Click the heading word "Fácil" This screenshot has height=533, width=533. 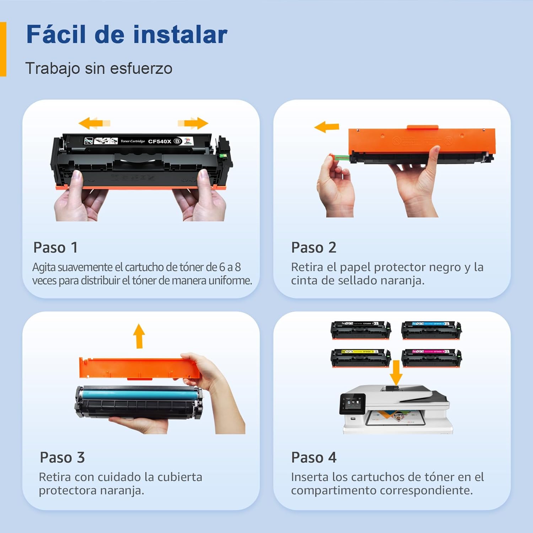coord(56,34)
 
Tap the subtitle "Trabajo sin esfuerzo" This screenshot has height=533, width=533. coord(99,68)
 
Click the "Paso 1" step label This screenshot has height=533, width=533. coord(55,248)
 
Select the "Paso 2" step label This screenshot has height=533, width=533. coord(313,248)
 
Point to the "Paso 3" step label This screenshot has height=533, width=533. coord(62,457)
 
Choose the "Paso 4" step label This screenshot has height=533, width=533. coord(313,457)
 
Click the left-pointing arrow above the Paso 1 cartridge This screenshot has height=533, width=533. coord(94,123)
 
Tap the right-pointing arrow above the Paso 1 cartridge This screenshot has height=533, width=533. coord(193,123)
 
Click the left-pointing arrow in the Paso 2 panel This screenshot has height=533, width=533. coord(327,127)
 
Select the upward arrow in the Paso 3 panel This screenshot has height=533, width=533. coord(139,335)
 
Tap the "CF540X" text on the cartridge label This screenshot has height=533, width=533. coord(160,141)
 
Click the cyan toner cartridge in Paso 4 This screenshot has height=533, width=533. coord(431,330)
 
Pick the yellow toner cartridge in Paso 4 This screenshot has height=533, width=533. coord(361,358)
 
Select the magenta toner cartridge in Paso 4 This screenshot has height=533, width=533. coord(431,358)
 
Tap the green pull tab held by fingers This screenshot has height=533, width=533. coord(341,157)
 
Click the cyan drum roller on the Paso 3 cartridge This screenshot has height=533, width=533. coord(139,394)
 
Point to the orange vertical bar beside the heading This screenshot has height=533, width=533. coord(3,49)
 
